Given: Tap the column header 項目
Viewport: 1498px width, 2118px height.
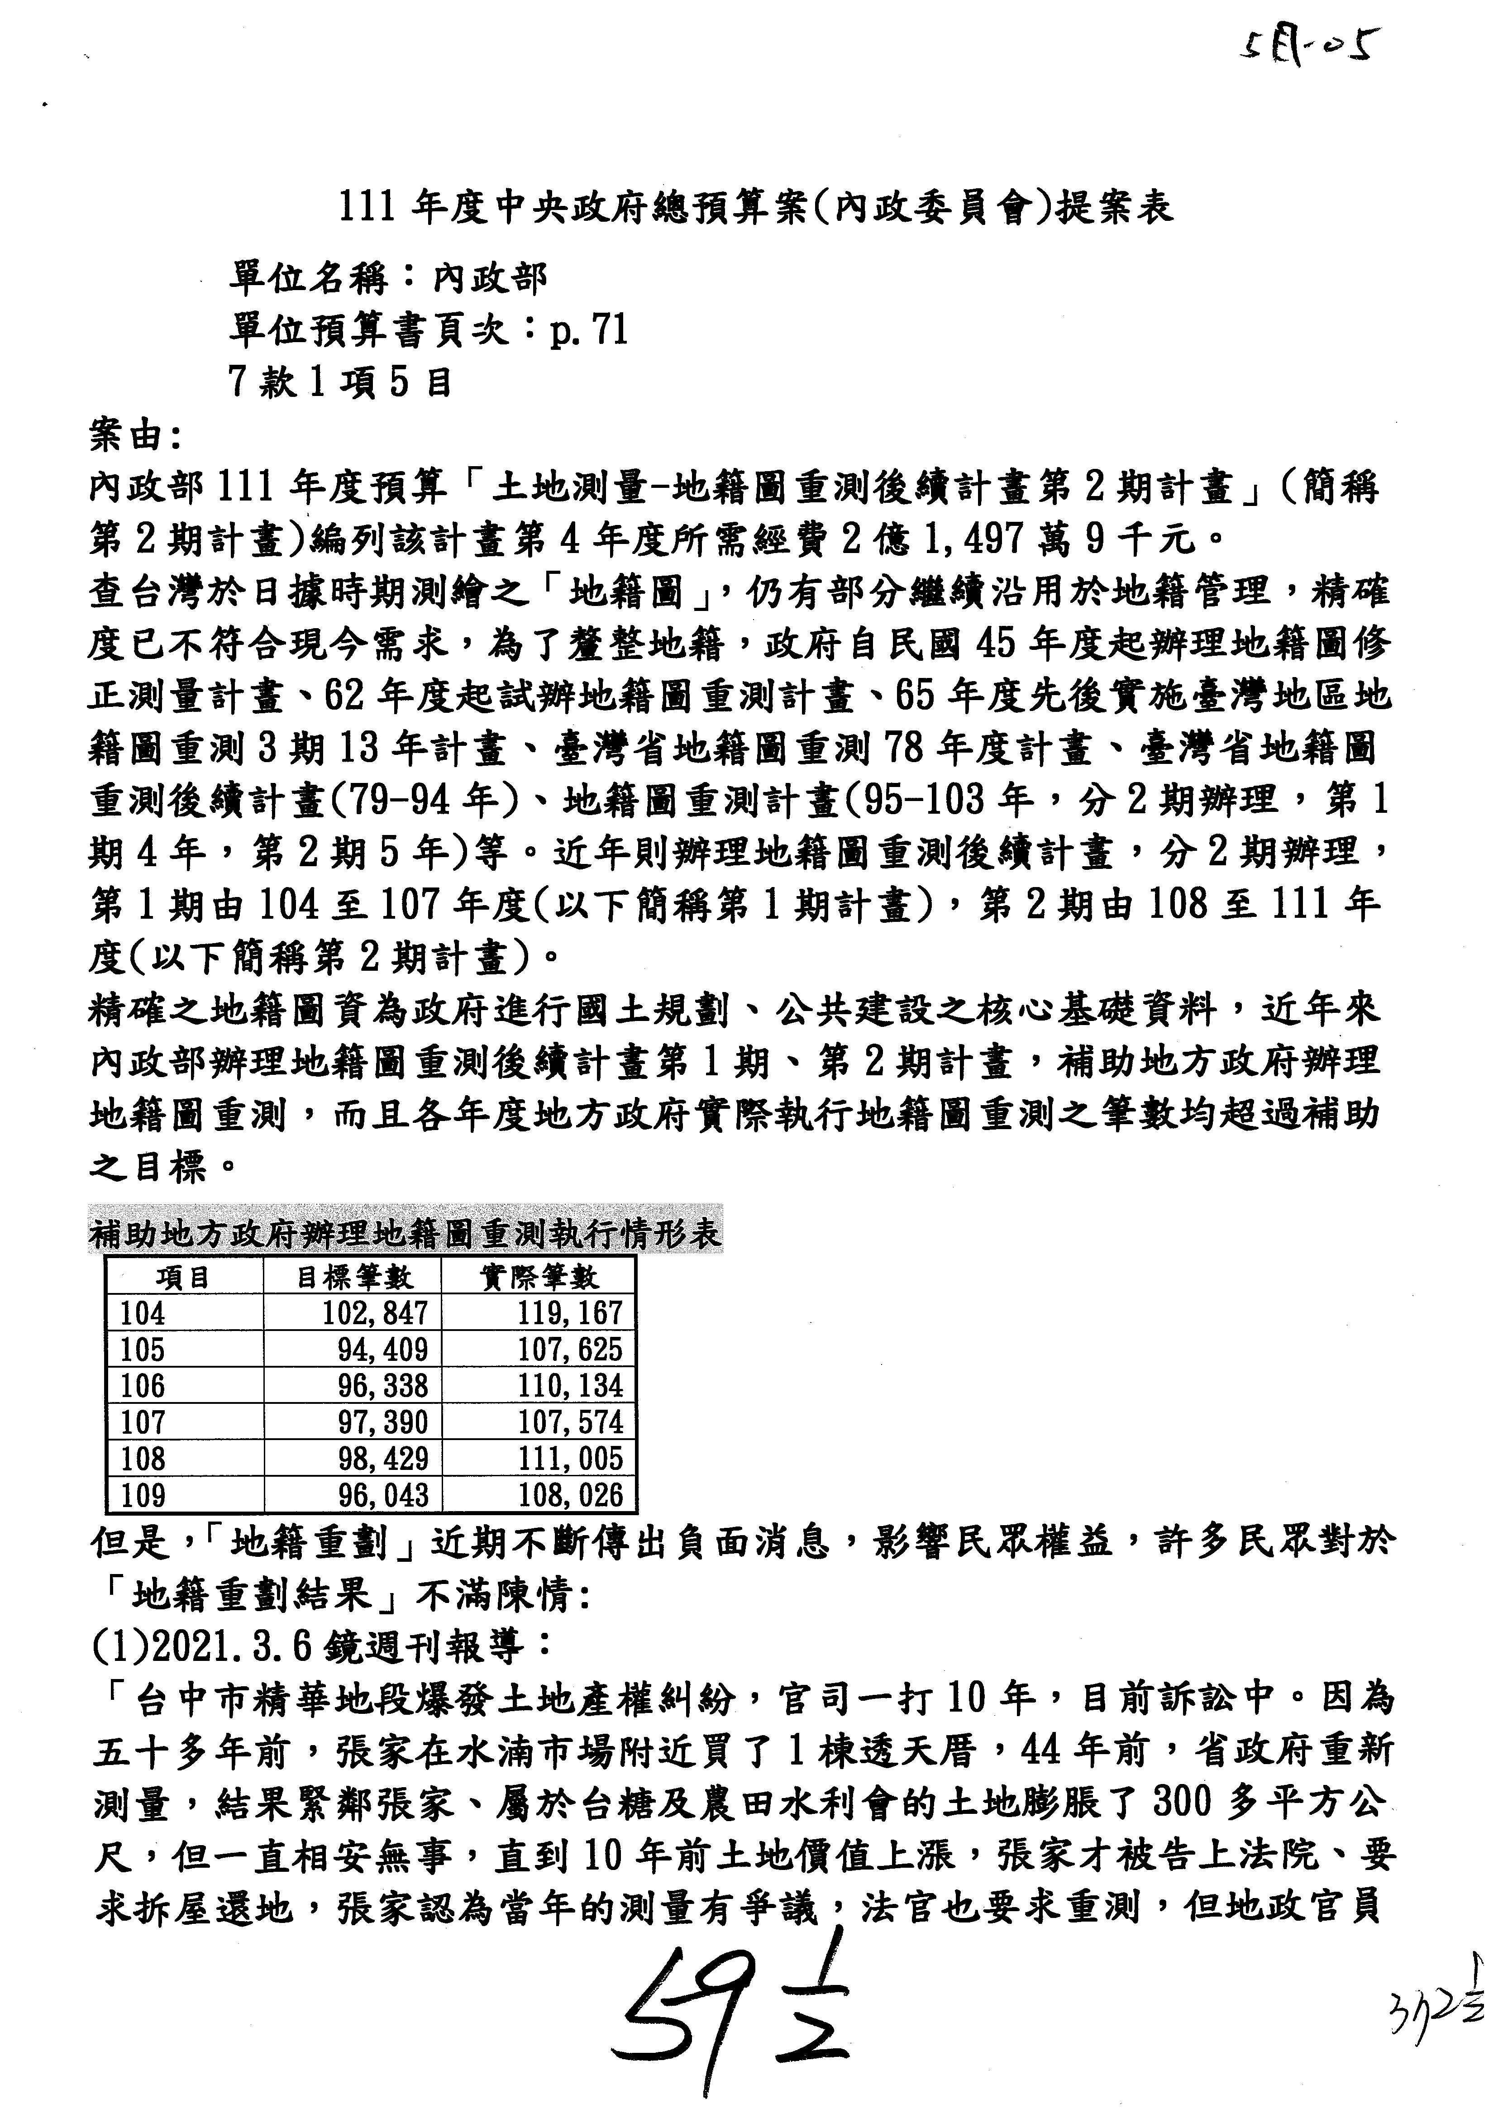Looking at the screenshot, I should pos(184,1277).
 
